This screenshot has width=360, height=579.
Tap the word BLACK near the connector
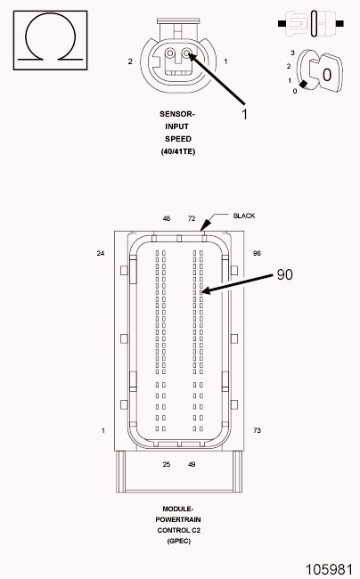[x=243, y=216]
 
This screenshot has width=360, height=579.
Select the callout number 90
[x=284, y=274]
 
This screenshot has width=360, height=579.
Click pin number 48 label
[x=167, y=218]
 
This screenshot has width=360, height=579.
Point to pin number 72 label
[x=192, y=218]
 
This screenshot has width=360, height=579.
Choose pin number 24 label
[x=101, y=253]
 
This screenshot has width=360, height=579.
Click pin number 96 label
[x=257, y=253]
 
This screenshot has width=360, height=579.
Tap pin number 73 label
[x=257, y=430]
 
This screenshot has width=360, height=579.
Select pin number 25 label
[x=167, y=464]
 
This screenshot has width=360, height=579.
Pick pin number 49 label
[x=192, y=464]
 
